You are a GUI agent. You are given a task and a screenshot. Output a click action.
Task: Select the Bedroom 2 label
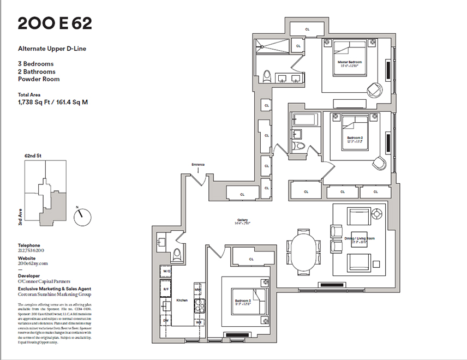pos(355,139)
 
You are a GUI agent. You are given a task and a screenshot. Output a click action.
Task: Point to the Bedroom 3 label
pos(243,302)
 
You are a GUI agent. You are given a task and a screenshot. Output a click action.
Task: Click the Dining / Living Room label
pos(359,239)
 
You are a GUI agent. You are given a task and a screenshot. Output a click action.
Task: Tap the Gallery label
pos(243,220)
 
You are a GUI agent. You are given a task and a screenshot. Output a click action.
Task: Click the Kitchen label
pos(182,301)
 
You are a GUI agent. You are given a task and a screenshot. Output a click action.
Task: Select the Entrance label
pos(197,164)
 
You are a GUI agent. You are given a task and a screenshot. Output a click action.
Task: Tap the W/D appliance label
pos(166,271)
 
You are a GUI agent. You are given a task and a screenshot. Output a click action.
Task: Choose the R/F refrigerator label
pos(166,289)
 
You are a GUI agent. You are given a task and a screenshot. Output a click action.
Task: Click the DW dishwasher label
pos(166,321)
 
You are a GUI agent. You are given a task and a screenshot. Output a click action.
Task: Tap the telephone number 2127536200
pos(33,252)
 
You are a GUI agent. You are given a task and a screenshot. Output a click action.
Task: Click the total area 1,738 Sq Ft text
pos(53,101)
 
